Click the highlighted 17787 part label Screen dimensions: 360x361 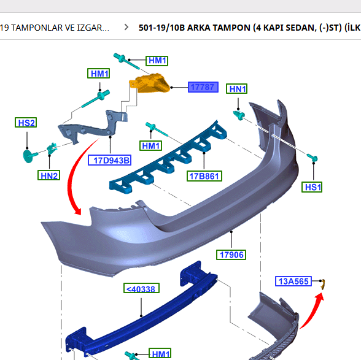pyautogui.click(x=201, y=87)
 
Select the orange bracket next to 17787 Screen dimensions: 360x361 pyautogui.click(x=153, y=83)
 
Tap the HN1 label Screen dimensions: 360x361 pyautogui.click(x=237, y=89)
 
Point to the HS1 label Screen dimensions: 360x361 pyautogui.click(x=312, y=186)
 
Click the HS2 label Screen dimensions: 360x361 pyautogui.click(x=26, y=123)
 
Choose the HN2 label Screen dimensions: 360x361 pyautogui.click(x=49, y=176)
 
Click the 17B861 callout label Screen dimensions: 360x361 pyautogui.click(x=204, y=176)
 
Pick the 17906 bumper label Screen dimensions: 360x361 pyautogui.click(x=231, y=255)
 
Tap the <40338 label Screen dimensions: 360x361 pyautogui.click(x=141, y=288)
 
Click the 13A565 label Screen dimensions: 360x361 pyautogui.click(x=293, y=281)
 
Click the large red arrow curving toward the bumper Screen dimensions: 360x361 pyautogui.click(x=77, y=178)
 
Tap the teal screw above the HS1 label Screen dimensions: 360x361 pyautogui.click(x=312, y=158)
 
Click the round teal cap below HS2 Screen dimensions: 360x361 pyautogui.click(x=28, y=155)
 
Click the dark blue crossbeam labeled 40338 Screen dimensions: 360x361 pyautogui.click(x=147, y=319)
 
